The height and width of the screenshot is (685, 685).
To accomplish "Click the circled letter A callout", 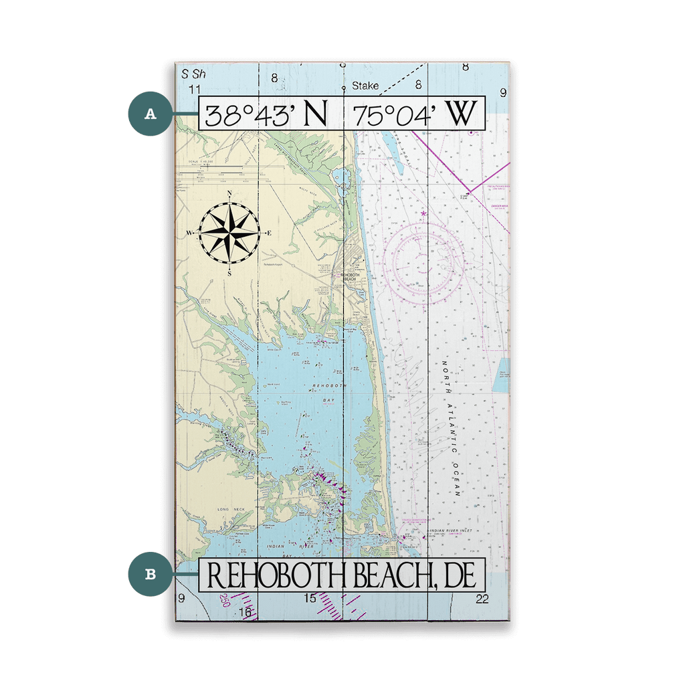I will [151, 114].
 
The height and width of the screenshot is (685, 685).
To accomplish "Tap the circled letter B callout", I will [151, 573].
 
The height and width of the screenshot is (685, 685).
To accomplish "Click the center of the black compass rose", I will [229, 233].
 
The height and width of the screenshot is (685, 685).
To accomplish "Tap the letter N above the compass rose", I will [229, 194].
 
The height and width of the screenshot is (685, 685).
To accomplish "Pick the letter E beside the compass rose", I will [269, 233].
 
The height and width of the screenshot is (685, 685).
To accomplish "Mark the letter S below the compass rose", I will [229, 273].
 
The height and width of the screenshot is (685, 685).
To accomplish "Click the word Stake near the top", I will [365, 86].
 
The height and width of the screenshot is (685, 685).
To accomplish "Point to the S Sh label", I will [195, 73].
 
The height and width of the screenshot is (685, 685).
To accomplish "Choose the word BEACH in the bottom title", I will [390, 575].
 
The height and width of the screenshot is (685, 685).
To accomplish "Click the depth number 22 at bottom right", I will [482, 599].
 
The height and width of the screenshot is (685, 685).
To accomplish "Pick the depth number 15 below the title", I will [309, 598].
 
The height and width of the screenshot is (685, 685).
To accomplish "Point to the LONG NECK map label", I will [231, 510].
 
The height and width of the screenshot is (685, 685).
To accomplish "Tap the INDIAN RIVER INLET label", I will [450, 532].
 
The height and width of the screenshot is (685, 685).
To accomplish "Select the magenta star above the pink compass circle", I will [423, 214].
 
